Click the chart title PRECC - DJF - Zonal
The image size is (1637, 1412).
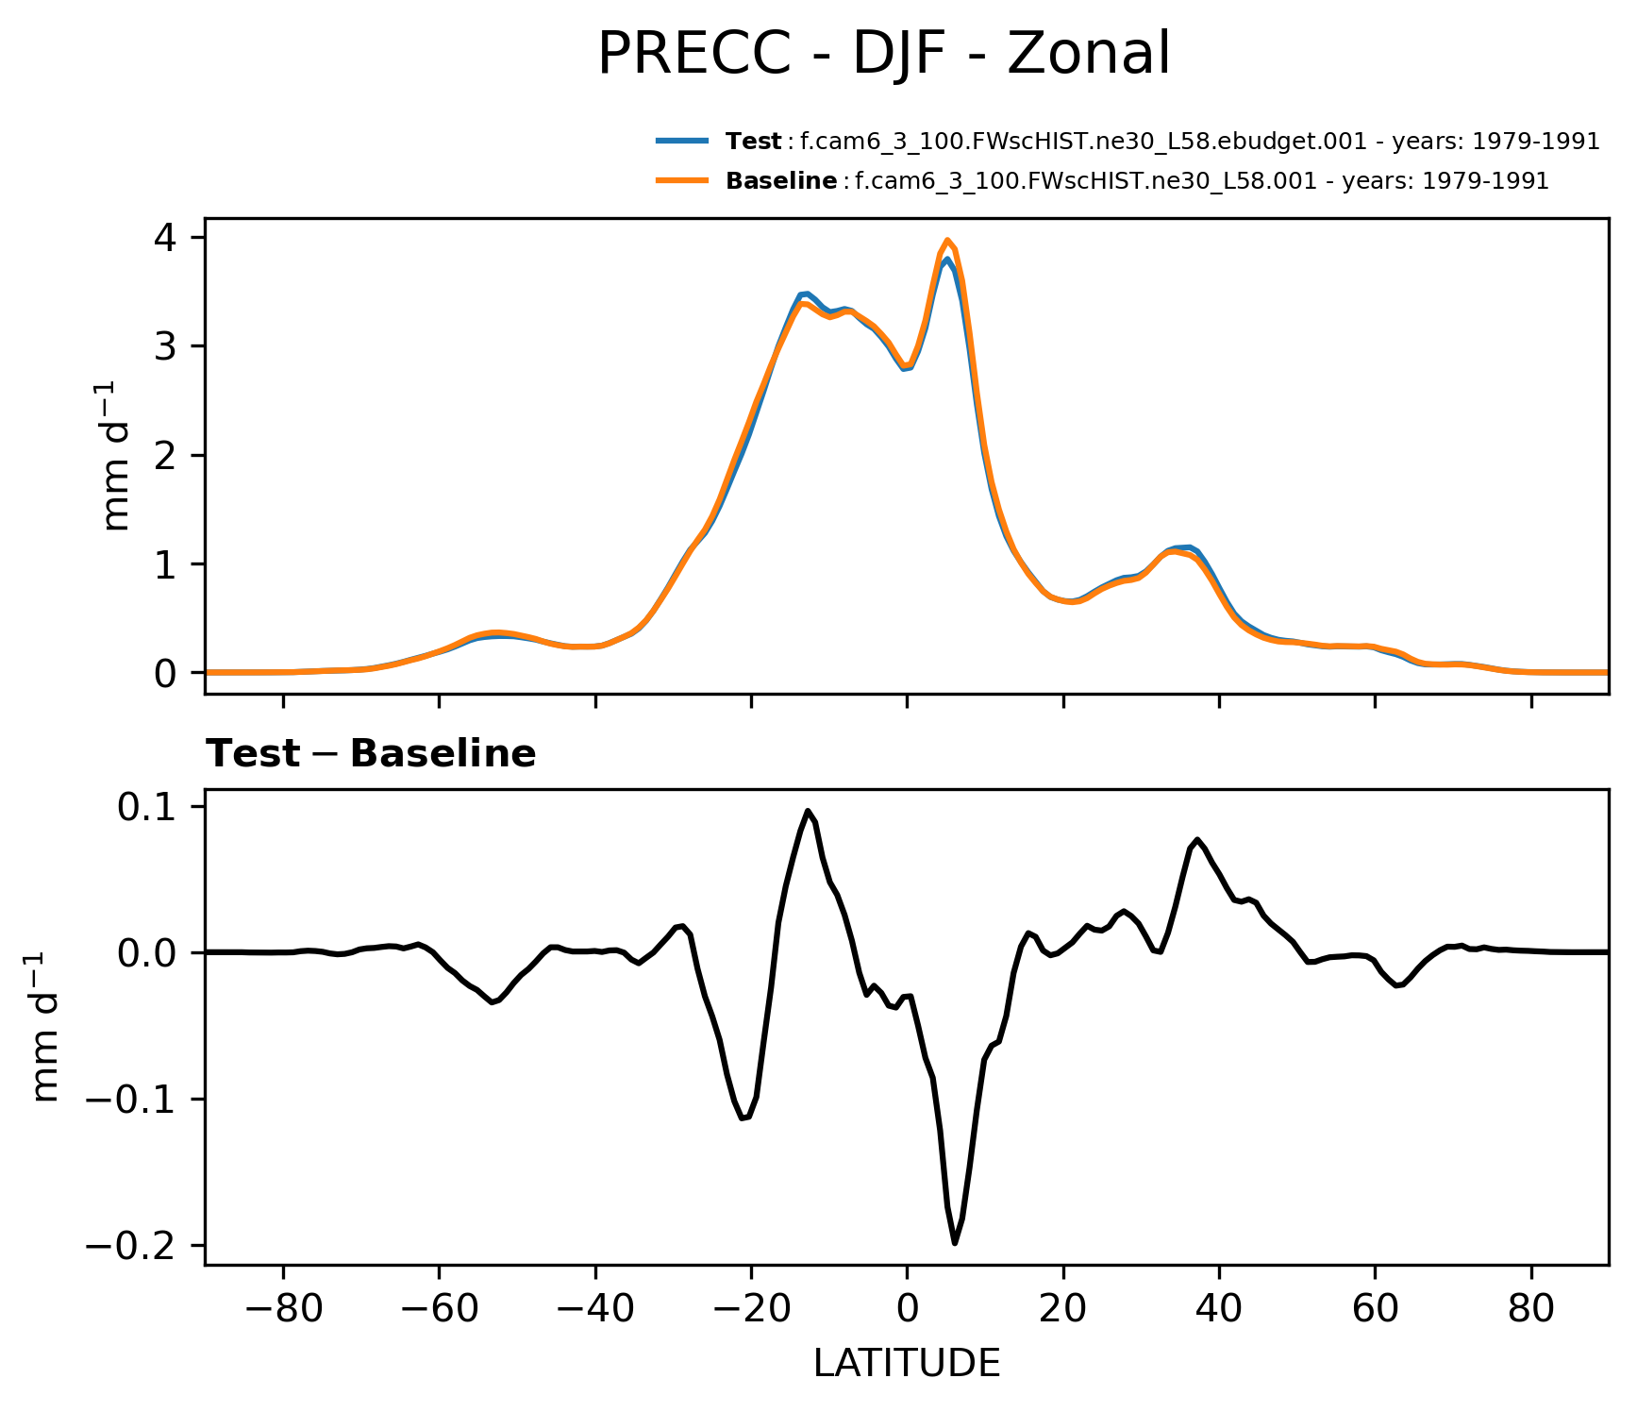(x=884, y=54)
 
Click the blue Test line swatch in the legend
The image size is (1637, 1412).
(x=681, y=142)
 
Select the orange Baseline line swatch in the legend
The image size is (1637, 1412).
(x=681, y=181)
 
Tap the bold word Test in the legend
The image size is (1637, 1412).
(x=753, y=142)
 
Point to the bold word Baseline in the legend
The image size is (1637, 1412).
(x=781, y=181)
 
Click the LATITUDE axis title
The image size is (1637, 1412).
(x=907, y=1364)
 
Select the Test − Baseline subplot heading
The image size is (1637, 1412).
(x=371, y=754)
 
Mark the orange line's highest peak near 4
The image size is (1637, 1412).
(x=947, y=240)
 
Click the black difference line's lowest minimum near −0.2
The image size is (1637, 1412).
(x=955, y=1243)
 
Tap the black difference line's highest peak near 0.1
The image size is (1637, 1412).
(x=808, y=810)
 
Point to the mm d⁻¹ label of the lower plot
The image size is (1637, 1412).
(x=45, y=1027)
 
